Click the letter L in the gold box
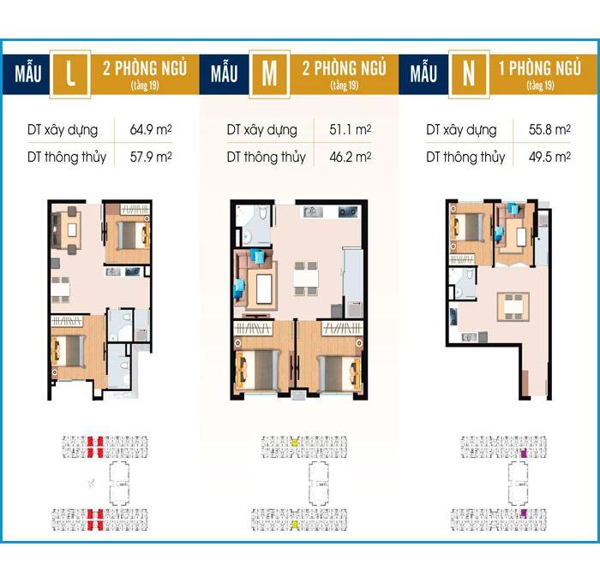(x=70, y=73)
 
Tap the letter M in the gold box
(x=269, y=74)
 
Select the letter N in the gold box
(x=469, y=74)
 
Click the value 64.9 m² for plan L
(x=151, y=129)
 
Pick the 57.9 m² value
(x=151, y=157)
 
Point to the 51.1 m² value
(x=350, y=129)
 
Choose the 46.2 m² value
(x=350, y=157)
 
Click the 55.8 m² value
(x=549, y=129)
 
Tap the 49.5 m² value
(x=549, y=157)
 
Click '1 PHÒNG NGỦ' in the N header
(x=540, y=68)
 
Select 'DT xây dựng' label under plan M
(x=261, y=130)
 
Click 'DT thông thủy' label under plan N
(x=465, y=157)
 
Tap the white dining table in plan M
(x=306, y=278)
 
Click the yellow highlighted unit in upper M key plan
(x=294, y=442)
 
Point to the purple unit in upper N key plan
(x=524, y=454)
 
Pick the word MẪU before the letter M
(x=224, y=73)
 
